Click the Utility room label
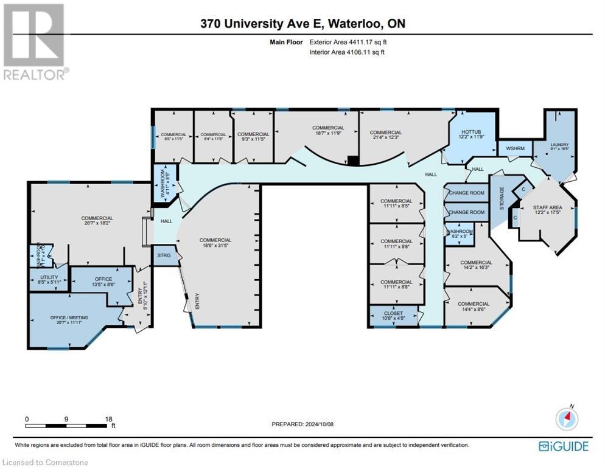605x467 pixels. [x=48, y=278]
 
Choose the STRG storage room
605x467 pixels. [x=164, y=256]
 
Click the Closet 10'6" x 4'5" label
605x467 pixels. [x=394, y=316]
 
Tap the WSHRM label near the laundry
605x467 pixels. [x=515, y=148]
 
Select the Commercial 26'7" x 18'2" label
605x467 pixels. [x=97, y=221]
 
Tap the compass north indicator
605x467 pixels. [x=567, y=418]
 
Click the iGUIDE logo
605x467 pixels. [x=564, y=447]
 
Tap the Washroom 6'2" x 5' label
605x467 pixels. [x=460, y=234]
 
